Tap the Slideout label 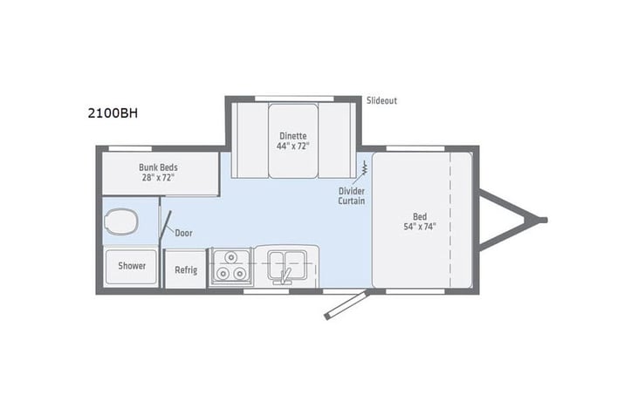point(381,100)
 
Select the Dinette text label point(292,135)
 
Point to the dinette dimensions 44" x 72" point(292,146)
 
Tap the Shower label point(132,266)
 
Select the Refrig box point(185,269)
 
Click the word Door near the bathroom point(183,233)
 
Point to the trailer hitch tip point(542,220)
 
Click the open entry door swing point(343,304)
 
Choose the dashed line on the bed point(449,218)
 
